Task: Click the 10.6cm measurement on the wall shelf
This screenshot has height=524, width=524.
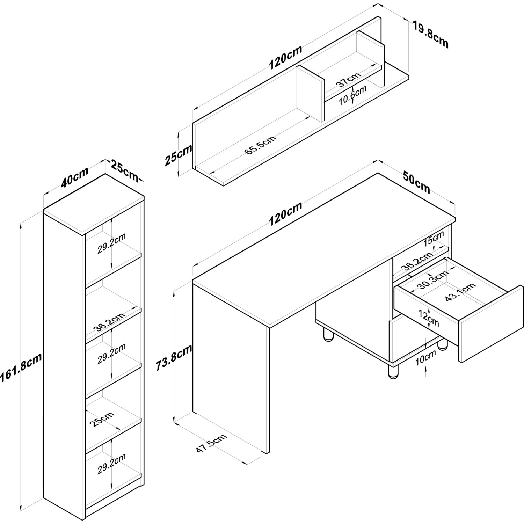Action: [353, 95]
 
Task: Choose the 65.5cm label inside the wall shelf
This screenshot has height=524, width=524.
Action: [260, 144]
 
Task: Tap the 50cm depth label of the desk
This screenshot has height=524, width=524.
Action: [416, 182]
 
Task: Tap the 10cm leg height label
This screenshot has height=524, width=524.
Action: [425, 357]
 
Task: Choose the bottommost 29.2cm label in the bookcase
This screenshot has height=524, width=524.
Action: [111, 464]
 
